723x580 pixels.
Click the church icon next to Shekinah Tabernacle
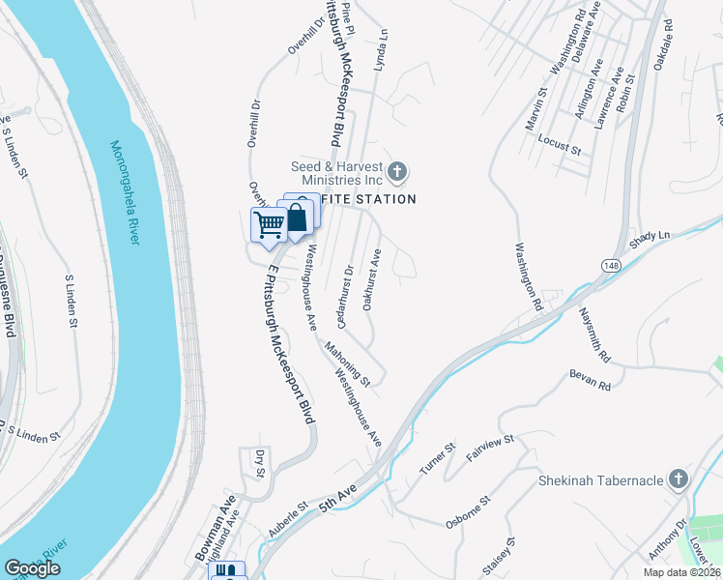[x=680, y=479]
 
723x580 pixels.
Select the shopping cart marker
[x=269, y=225]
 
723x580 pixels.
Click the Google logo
[x=32, y=568]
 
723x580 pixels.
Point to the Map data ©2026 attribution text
[x=682, y=572]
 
